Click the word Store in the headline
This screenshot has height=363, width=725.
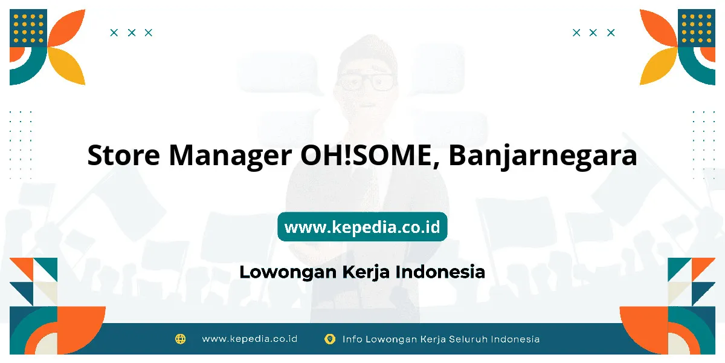124,155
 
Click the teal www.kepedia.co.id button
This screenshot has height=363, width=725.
362,226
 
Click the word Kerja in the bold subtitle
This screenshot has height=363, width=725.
366,272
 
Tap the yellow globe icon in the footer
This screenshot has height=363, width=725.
180,339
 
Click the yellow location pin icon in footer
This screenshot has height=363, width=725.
330,339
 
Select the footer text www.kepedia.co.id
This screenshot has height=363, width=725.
250,339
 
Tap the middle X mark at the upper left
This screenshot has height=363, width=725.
132,33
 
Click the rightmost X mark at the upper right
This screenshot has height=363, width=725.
611,33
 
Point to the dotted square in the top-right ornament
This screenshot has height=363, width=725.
697,28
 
